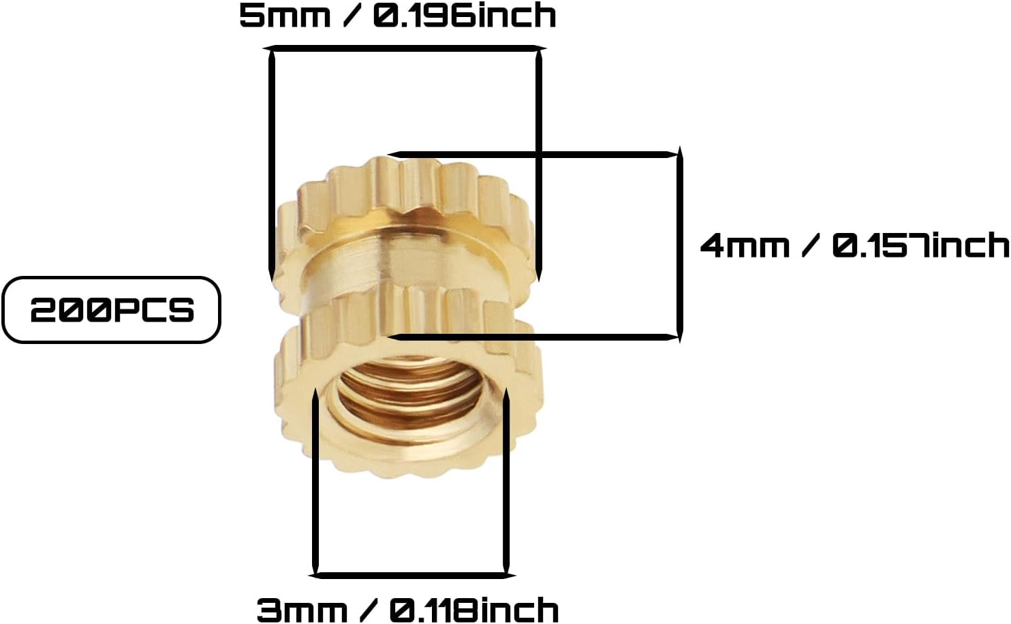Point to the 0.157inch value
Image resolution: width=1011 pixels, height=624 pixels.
click(920, 245)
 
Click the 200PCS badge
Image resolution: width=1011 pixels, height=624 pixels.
click(112, 310)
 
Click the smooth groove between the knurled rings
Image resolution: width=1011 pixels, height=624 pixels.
click(409, 262)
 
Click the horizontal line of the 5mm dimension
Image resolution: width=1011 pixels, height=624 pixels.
click(405, 48)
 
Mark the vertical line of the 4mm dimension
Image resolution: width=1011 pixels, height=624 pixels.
click(679, 245)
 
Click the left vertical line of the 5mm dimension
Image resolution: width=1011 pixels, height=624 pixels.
click(271, 163)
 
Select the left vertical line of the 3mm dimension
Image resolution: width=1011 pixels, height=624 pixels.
click(315, 484)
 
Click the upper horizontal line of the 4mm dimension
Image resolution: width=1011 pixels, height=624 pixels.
click(535, 155)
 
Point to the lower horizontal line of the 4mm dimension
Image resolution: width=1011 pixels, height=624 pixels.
click(535, 336)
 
